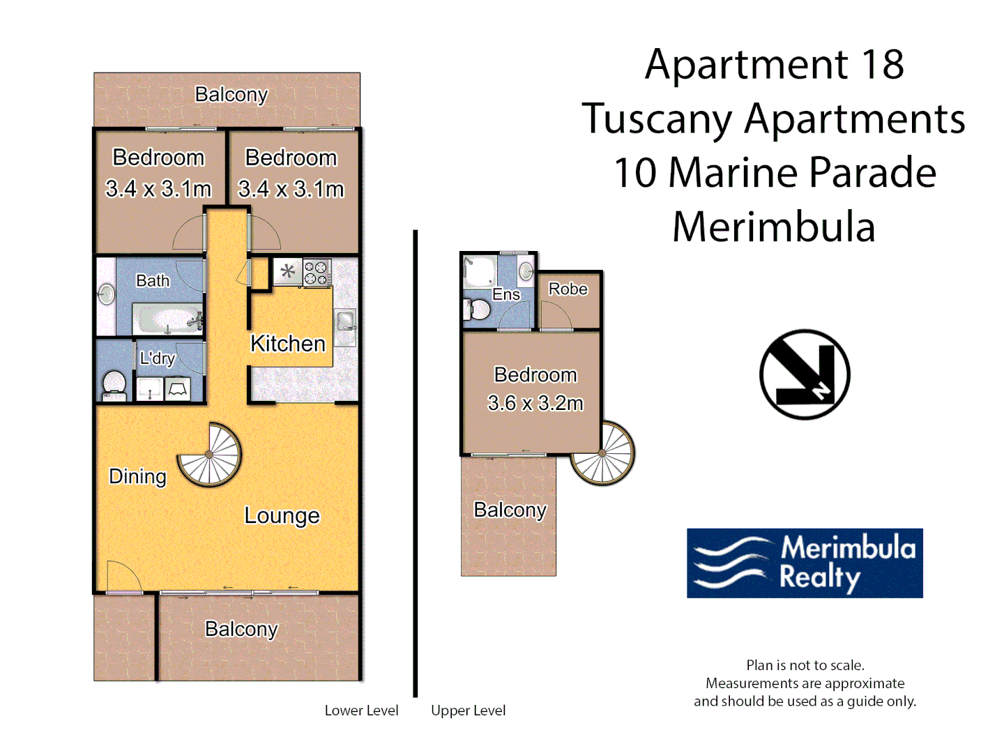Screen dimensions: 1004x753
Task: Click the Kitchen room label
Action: click(287, 343)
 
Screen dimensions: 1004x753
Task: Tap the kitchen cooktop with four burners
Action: click(317, 273)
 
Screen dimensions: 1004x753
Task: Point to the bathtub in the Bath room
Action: click(167, 319)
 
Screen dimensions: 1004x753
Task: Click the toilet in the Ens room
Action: click(476, 310)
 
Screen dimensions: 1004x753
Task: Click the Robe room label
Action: click(568, 289)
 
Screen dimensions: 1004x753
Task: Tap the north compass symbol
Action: click(805, 374)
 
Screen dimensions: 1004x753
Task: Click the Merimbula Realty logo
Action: click(805, 563)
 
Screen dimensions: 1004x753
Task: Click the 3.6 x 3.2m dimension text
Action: click(535, 403)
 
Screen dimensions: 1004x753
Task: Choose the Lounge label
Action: click(282, 515)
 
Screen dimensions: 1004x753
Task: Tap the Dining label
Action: click(137, 476)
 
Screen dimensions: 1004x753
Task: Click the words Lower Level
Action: click(361, 710)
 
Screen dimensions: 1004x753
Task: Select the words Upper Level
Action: click(468, 710)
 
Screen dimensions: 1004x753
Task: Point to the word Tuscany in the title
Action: click(656, 119)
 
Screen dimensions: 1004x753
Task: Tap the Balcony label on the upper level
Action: click(510, 510)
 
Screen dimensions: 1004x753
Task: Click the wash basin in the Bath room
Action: click(106, 294)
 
